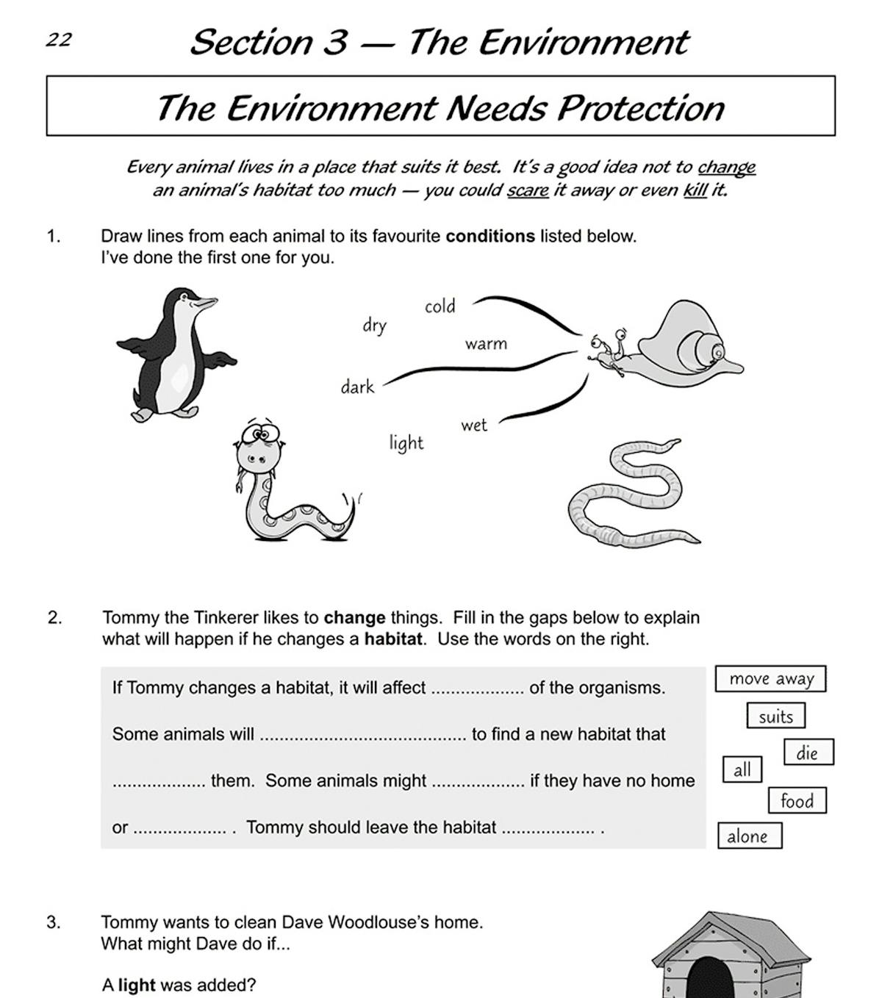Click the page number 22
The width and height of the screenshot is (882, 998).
pyautogui.click(x=59, y=40)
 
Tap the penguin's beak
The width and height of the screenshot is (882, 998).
pyautogui.click(x=205, y=302)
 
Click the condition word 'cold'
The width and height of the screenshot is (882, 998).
pyautogui.click(x=440, y=306)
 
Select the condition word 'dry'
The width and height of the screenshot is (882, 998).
pyautogui.click(x=374, y=325)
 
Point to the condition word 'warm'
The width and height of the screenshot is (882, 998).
pyautogui.click(x=485, y=343)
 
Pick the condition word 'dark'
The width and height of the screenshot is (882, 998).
pyautogui.click(x=357, y=387)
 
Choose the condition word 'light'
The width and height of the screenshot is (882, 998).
pyautogui.click(x=406, y=442)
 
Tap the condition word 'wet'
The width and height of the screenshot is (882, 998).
pyautogui.click(x=474, y=425)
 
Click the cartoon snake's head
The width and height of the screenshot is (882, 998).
pyautogui.click(x=257, y=445)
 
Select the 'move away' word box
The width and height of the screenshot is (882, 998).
pyautogui.click(x=770, y=678)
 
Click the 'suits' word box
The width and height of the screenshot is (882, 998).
pyautogui.click(x=775, y=716)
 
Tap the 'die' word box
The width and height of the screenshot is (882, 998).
pyautogui.click(x=807, y=753)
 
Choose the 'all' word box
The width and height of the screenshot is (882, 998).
pyautogui.click(x=742, y=769)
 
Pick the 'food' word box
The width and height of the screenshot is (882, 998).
pyautogui.click(x=797, y=800)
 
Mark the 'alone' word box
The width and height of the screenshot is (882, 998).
pyautogui.click(x=748, y=836)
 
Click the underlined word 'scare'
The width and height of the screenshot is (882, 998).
pyautogui.click(x=528, y=190)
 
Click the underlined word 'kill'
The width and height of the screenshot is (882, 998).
pyautogui.click(x=695, y=190)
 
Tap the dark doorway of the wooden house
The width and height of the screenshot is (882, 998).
pyautogui.click(x=709, y=977)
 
